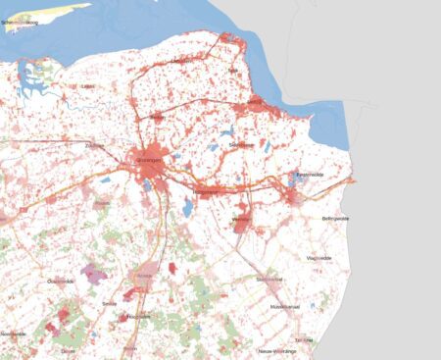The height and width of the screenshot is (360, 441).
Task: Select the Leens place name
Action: (88, 85)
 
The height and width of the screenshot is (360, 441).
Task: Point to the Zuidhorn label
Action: (95, 145)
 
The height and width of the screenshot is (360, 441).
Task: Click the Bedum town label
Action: (157, 118)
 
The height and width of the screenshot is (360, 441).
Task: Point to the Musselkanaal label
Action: (285, 306)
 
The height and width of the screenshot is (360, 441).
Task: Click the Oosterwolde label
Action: (61, 281)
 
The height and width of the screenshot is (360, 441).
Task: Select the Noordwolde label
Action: (13, 334)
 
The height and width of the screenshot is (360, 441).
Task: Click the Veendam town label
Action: (242, 220)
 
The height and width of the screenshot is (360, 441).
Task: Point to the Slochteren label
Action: (241, 144)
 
